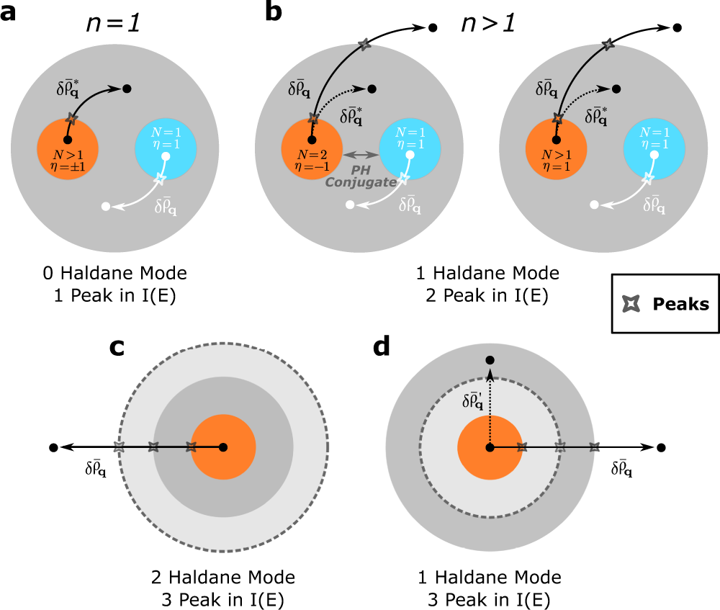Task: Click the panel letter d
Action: tap(382, 347)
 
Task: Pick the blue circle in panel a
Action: tap(166, 150)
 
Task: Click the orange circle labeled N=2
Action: tap(311, 148)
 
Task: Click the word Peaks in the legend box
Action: tap(680, 303)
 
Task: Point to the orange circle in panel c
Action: tap(223, 447)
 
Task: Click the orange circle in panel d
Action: tap(490, 447)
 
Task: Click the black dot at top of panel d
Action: tap(490, 359)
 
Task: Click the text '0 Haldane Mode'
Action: tap(114, 273)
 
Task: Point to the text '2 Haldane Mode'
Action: tap(223, 577)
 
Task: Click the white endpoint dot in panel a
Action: tap(106, 207)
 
